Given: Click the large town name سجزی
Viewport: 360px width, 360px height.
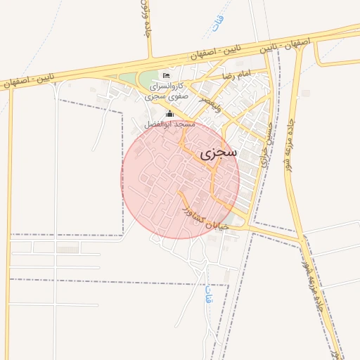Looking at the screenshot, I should coord(219,152).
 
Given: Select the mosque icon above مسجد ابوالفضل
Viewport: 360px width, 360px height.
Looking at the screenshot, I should coord(169,113).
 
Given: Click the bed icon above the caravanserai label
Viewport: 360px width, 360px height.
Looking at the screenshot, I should coord(167,75).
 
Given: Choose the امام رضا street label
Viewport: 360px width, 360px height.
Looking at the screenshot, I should coord(236,75).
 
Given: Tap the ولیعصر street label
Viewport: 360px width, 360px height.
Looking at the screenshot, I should coord(210,104).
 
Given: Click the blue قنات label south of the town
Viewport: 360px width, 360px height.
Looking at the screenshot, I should coord(209,296).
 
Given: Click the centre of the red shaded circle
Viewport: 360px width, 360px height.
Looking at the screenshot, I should coord(180,179).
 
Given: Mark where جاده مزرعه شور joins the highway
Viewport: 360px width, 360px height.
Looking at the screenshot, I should coord(300,44).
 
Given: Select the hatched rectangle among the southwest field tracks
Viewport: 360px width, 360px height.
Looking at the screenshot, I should coord(68,249).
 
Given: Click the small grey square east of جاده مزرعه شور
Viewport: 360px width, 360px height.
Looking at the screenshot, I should coord(306,93).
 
